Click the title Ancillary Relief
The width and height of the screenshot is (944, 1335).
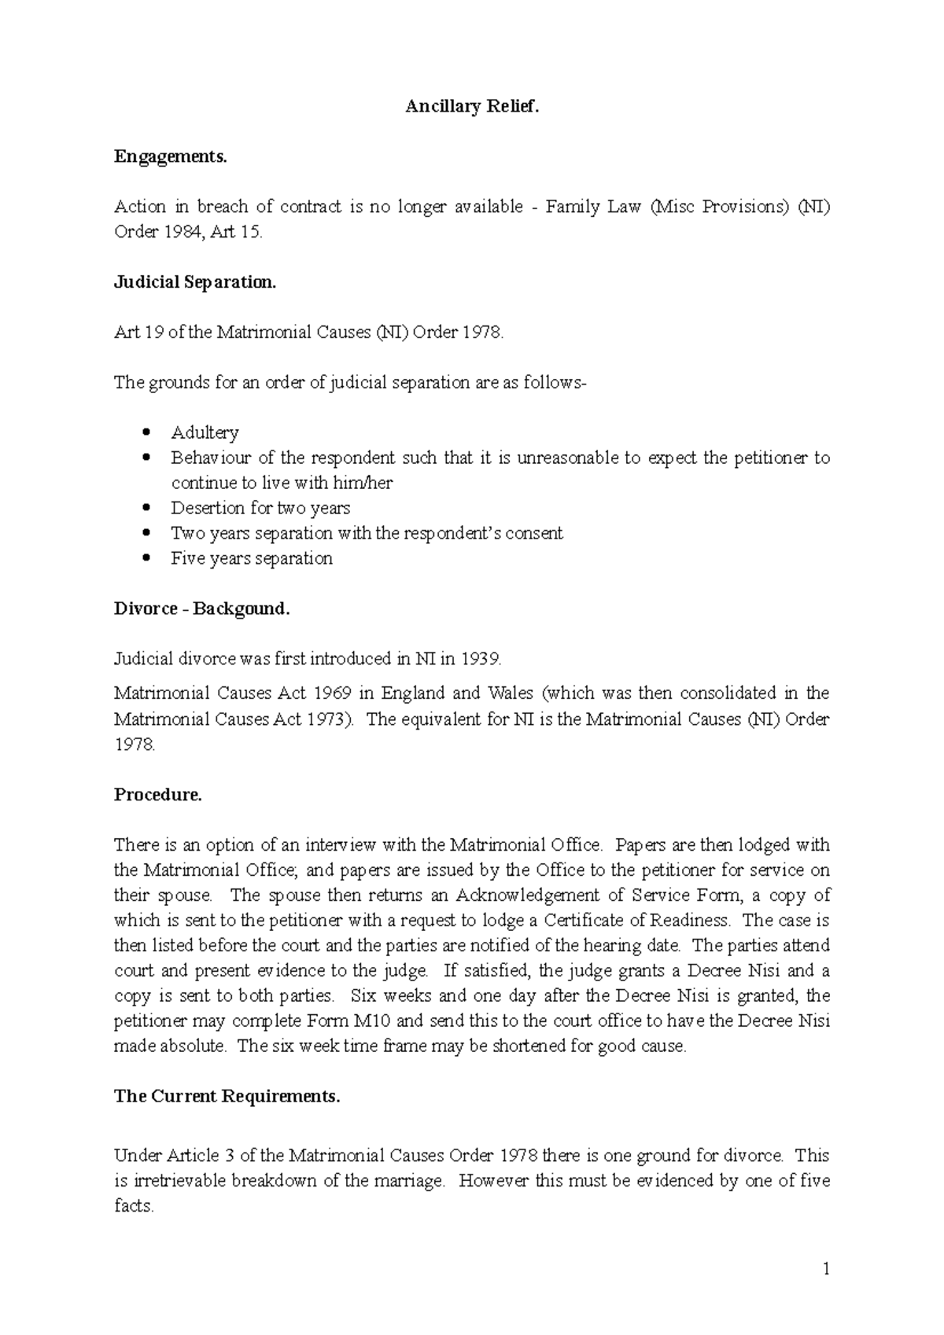473,107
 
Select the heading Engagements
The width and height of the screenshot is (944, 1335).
170,157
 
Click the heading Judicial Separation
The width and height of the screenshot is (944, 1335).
195,283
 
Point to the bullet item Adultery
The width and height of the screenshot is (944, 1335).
205,433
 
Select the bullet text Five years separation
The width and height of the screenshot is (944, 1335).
252,559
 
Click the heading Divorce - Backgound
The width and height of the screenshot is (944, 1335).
202,609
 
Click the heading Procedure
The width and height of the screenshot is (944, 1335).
158,795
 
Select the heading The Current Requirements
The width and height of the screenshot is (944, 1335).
227,1097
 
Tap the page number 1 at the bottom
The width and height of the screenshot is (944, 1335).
826,1269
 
